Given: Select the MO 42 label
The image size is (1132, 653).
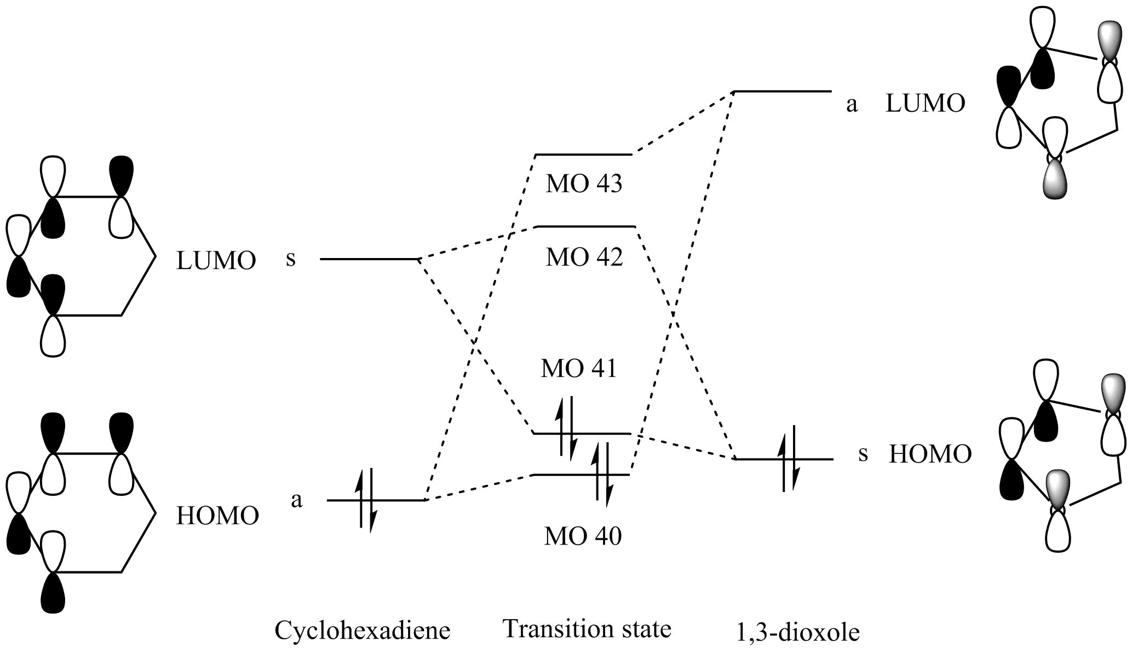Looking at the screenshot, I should (x=584, y=257).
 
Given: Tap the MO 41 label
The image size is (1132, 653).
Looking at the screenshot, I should (x=579, y=369).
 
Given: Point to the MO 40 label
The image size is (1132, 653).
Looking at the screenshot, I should (x=583, y=536).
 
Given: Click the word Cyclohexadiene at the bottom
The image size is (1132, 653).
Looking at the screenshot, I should (x=362, y=631).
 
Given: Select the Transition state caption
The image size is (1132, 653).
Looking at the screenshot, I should (x=587, y=629).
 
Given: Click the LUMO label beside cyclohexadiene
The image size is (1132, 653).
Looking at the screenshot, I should (x=216, y=261).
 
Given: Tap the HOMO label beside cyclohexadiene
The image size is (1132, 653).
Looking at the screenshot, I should (x=217, y=516).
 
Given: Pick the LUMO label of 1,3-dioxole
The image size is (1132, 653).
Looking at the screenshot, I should (x=925, y=104).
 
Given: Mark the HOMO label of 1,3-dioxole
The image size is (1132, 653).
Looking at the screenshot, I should (x=930, y=455).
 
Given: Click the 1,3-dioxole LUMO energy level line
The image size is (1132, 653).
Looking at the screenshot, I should (x=783, y=91).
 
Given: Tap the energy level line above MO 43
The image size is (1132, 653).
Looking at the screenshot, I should (x=584, y=154).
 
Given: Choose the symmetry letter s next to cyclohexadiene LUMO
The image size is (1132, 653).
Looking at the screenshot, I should (x=291, y=259).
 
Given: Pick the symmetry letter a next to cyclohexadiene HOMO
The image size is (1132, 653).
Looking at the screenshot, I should (x=296, y=500).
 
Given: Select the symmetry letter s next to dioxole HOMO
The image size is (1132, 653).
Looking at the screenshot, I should (x=863, y=454).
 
